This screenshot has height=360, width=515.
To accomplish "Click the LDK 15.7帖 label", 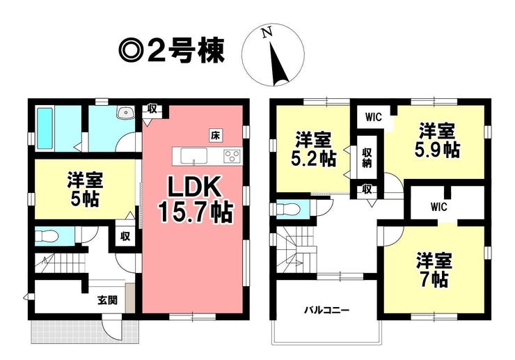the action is pyautogui.click(x=196, y=200).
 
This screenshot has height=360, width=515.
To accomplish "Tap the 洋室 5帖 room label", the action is pyautogui.click(x=85, y=189).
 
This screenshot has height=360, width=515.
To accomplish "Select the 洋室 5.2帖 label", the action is pyautogui.click(x=313, y=149).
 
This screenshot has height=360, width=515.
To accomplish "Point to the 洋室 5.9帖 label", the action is pyautogui.click(x=437, y=141).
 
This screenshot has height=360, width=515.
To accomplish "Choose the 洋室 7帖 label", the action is pyautogui.click(x=434, y=270).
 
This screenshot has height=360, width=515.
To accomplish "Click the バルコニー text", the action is pyautogui.click(x=326, y=310).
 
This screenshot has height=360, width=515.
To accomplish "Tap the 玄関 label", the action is pyautogui.click(x=107, y=300).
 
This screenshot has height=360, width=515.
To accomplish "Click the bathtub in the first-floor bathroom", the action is pyautogui.click(x=45, y=128).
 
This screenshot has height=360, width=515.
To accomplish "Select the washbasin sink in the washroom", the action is pyautogui.click(x=125, y=112).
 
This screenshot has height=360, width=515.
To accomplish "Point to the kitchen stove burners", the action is pyautogui.click(x=232, y=155).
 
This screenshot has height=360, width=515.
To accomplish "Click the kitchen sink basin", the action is pyautogui.click(x=193, y=155).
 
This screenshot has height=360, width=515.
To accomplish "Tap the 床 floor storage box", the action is pyautogui.click(x=215, y=136).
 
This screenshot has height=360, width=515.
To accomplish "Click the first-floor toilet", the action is pyautogui.click(x=47, y=236).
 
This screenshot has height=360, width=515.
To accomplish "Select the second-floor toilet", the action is pyautogui.click(x=287, y=209).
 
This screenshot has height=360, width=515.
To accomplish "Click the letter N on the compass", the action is pyautogui.click(x=267, y=32).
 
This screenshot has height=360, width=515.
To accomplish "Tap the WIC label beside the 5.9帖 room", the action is pyautogui.click(x=373, y=117).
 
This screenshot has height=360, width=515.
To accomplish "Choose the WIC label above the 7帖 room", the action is pyautogui.click(x=439, y=207).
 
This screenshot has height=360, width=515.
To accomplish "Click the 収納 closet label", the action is pyautogui.click(x=367, y=158).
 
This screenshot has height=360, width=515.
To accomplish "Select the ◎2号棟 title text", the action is pyautogui.click(x=171, y=52).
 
